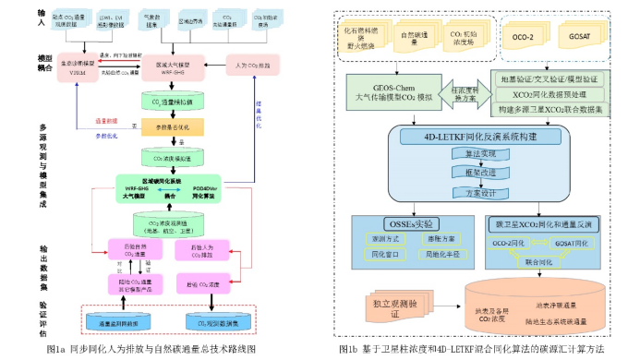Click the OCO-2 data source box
(524, 41)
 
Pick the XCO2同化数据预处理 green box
(551, 94)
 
